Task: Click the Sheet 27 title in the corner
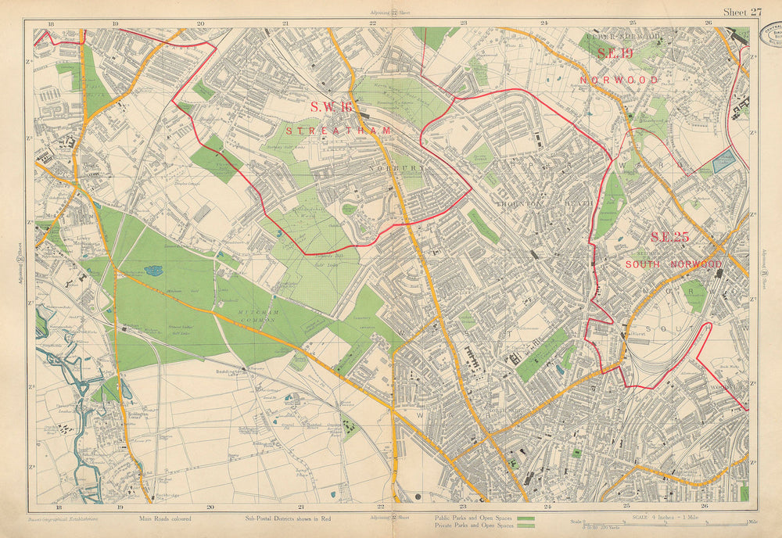[741, 11]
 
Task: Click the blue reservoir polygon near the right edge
[723, 161]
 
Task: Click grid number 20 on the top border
[200, 24]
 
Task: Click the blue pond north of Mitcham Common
[153, 271]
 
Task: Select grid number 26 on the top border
[708, 24]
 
